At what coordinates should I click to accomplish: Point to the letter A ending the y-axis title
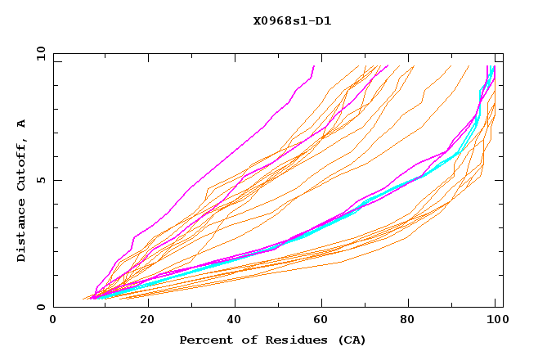coord(21,124)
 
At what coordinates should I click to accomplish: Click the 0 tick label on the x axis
coord(54,320)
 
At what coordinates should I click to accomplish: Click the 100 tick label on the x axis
coord(495,320)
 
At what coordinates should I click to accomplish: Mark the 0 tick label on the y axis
coord(41,308)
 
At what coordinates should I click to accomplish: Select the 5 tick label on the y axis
coord(41,181)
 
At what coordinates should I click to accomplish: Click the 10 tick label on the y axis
coord(38,53)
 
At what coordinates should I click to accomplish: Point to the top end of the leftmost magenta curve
coord(312,66)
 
